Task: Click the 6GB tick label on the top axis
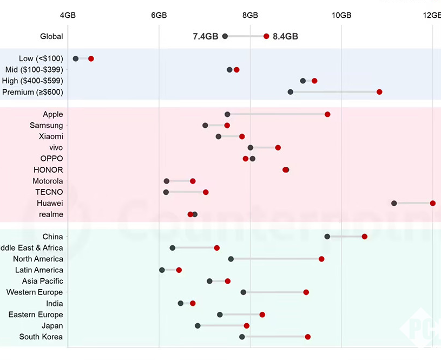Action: (159, 15)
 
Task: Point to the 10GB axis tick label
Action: (341, 15)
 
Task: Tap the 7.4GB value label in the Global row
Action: (206, 36)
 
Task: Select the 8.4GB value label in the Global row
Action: (285, 36)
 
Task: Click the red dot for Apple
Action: (327, 114)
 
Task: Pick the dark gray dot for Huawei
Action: (394, 203)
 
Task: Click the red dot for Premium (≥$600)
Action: (379, 92)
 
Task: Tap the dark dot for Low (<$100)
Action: (76, 58)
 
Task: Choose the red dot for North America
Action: (321, 259)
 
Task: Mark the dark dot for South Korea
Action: (242, 337)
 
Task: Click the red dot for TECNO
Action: (206, 192)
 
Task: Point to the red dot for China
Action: (365, 237)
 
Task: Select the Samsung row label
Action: (47, 126)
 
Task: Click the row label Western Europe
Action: (35, 292)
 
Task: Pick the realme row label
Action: (51, 214)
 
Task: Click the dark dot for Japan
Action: (198, 326)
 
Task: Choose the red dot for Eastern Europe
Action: (262, 315)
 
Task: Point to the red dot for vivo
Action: (278, 147)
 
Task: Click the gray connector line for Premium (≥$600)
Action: (335, 92)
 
